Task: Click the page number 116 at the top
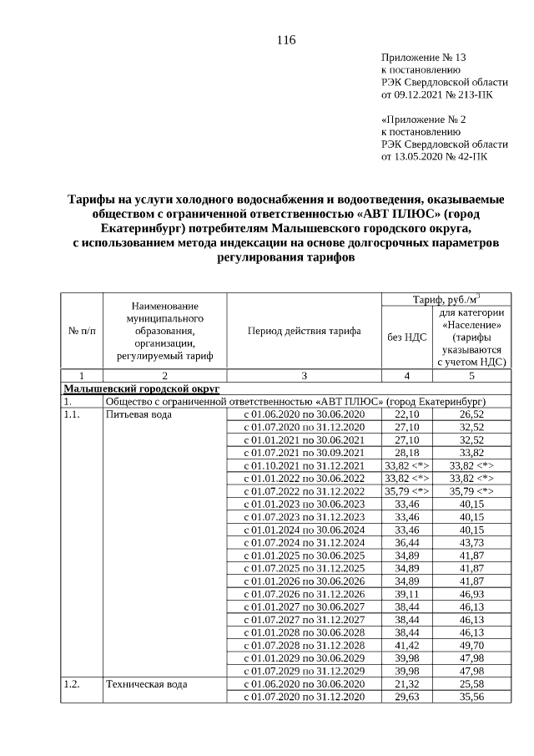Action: tap(285, 40)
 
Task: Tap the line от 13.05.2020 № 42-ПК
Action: tap(434, 155)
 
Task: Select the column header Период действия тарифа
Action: tap(304, 331)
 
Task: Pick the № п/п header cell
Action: tap(82, 331)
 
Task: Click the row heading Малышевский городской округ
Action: tap(141, 388)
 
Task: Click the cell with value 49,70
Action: tap(471, 646)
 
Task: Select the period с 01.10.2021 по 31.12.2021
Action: tap(304, 465)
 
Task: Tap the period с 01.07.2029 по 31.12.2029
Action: tap(304, 671)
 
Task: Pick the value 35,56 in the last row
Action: tap(471, 697)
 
